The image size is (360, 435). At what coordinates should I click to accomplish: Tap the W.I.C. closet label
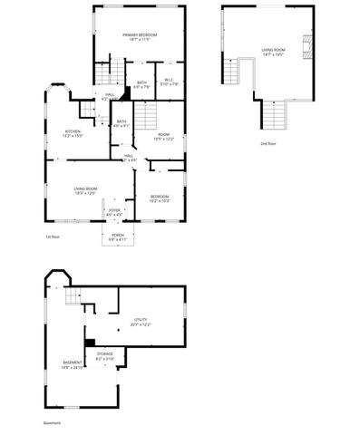169,82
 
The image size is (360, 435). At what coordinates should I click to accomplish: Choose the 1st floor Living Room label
85,189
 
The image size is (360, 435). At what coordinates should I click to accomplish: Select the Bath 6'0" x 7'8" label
142,84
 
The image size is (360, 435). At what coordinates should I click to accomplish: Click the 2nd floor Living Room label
273,52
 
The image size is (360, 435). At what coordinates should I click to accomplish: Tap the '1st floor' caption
52,237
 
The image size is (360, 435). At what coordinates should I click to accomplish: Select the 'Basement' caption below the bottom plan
52,422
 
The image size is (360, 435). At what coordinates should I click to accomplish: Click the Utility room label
141,322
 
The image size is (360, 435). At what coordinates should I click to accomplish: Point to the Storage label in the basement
105,357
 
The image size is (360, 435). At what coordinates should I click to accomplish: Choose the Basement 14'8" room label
73,364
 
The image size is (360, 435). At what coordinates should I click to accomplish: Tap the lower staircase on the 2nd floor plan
275,113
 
